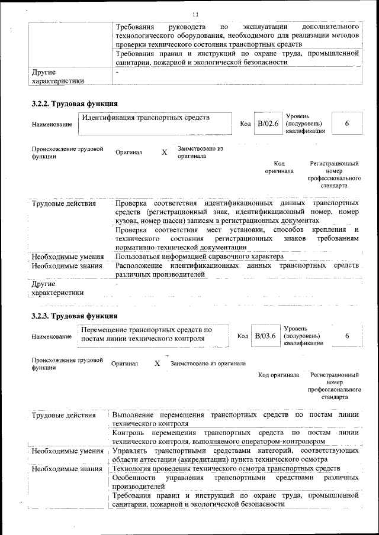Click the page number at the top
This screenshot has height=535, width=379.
coord(195,14)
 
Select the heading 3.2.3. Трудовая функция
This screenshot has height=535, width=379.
coord(75,316)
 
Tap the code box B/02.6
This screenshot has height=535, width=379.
coord(267,124)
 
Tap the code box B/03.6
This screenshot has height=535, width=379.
coord(265,336)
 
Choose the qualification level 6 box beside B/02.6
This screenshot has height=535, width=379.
coord(346,124)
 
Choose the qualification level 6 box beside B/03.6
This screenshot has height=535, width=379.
coord(346,336)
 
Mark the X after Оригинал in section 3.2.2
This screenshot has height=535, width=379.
coord(165,153)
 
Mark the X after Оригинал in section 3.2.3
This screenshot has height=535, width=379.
coord(158,364)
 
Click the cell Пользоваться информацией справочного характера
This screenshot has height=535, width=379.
coord(200,257)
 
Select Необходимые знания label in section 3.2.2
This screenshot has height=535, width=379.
coord(68,266)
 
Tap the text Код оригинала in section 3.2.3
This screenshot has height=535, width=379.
coord(279,375)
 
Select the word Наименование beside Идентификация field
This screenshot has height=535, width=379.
coord(52,124)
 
